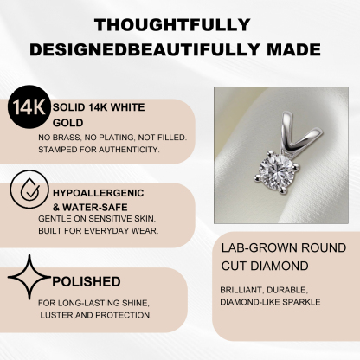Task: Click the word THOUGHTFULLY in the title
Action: pos(179,23)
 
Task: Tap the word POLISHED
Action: pos(87,281)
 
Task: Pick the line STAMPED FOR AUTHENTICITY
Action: pos(99,150)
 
